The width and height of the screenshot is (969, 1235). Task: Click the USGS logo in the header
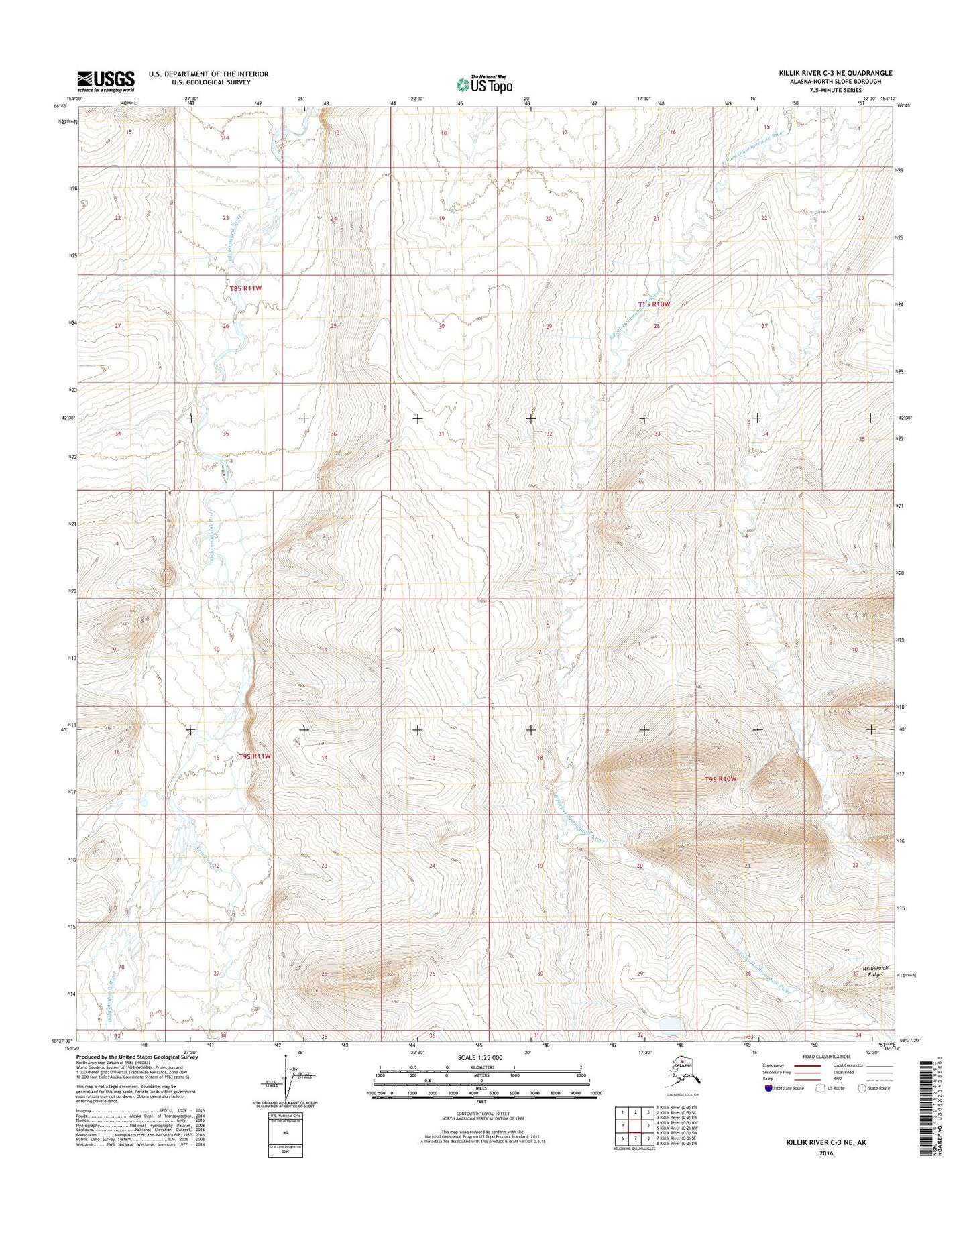coord(105,81)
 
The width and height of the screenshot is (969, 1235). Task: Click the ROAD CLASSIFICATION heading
coord(825,1057)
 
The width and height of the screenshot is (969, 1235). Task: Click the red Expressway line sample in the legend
coord(806,1065)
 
